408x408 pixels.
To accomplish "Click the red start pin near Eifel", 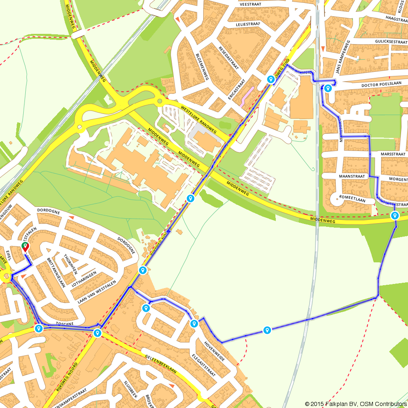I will coord(25,247).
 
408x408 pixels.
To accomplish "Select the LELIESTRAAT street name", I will coord(248,24).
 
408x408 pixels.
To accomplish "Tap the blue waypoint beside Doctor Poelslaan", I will coord(328,87).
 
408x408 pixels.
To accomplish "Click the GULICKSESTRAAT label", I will coord(390,42).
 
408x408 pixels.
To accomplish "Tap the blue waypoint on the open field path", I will coord(267,330).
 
